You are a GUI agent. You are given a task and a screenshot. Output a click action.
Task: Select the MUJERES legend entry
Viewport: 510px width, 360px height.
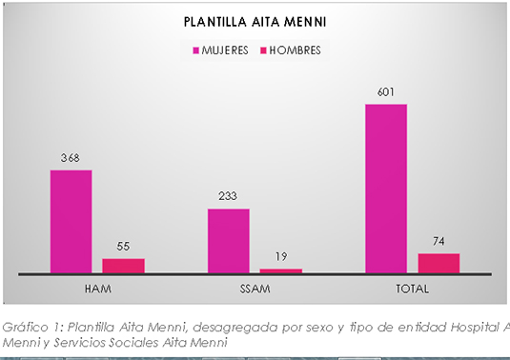click(x=224, y=50)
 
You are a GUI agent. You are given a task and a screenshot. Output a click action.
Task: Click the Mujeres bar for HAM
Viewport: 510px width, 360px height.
click(x=71, y=222)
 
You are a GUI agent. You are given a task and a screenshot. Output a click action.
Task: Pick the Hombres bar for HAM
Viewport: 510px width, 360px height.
click(x=123, y=266)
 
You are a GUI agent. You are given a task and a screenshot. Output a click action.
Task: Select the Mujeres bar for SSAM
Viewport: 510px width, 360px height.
click(x=229, y=241)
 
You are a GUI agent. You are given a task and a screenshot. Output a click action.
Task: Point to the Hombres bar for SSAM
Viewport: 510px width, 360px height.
click(x=281, y=270)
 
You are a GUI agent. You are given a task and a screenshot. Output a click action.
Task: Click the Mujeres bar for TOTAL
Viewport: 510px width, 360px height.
click(x=386, y=189)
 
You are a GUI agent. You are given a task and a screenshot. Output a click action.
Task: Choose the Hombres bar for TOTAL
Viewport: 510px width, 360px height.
click(x=439, y=263)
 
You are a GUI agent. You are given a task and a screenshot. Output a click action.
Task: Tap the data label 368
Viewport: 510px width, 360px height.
click(x=71, y=158)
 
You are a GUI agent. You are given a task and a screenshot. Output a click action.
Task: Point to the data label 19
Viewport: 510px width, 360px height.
click(x=281, y=257)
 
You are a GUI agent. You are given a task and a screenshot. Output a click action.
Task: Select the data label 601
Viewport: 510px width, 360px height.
click(x=386, y=92)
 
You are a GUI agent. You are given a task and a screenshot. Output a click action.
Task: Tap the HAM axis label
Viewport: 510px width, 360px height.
click(x=97, y=288)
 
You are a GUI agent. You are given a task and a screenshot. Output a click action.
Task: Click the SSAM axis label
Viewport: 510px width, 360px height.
click(x=255, y=288)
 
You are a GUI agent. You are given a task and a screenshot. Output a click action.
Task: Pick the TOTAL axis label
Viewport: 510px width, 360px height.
click(x=412, y=288)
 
